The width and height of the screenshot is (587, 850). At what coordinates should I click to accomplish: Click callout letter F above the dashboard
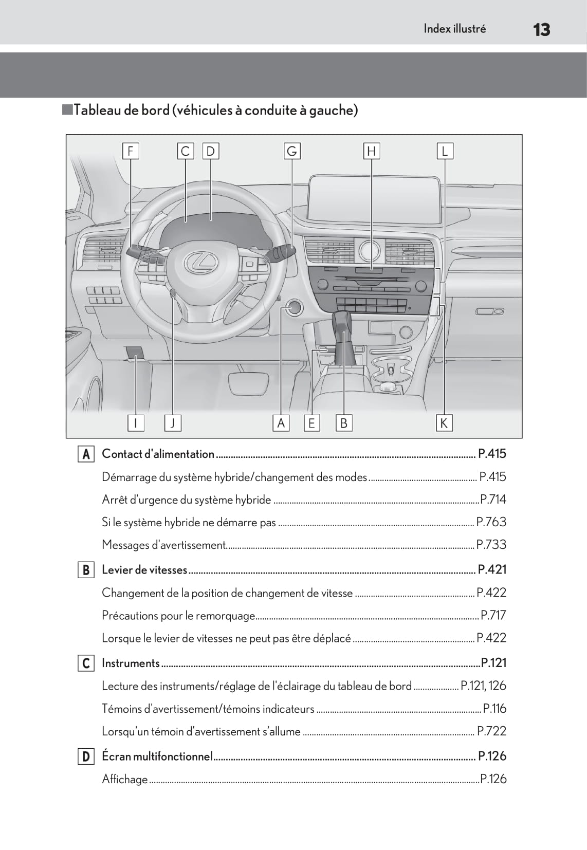131,151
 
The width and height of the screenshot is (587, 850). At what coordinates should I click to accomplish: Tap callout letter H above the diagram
371,151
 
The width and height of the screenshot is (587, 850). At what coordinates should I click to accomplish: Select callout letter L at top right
445,151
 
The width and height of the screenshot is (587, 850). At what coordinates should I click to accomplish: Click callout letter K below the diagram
444,423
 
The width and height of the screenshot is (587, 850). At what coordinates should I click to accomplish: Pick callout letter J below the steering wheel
173,423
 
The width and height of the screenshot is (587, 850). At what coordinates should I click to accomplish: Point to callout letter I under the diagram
136,423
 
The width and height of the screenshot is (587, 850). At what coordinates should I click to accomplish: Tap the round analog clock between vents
370,250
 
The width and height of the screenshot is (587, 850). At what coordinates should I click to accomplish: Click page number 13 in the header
541,30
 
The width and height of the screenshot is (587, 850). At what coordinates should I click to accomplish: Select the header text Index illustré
454,29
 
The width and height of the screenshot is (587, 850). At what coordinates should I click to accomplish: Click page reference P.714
493,500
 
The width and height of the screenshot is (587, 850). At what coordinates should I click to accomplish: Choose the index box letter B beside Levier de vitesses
86,570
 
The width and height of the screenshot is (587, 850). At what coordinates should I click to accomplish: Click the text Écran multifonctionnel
157,756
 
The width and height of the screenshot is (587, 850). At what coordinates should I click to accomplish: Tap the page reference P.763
491,522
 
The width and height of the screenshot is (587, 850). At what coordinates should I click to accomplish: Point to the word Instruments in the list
131,663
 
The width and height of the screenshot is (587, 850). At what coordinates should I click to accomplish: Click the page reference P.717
493,615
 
